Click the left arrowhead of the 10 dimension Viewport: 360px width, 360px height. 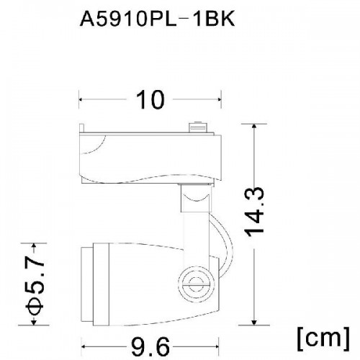point(81,99)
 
